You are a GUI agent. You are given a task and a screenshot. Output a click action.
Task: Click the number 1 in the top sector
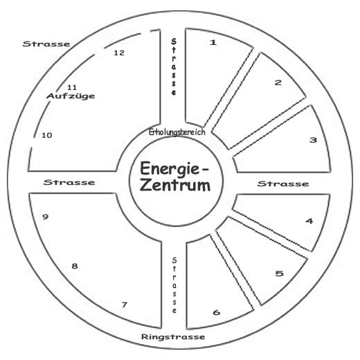click(x=213, y=42)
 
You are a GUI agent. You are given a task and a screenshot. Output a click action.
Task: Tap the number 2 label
click(x=278, y=82)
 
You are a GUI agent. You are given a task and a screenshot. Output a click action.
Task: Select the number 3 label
click(x=313, y=140)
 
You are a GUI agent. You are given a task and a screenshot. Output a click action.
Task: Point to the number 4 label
click(x=309, y=221)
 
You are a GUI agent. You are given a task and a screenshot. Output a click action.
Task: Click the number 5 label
click(x=279, y=273)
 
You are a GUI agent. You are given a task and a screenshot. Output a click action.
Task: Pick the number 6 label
click(x=217, y=312)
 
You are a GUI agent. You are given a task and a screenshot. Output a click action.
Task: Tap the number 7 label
click(x=125, y=305)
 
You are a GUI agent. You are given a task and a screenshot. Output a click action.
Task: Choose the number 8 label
click(x=75, y=266)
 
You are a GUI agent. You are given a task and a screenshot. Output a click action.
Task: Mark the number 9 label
click(x=45, y=217)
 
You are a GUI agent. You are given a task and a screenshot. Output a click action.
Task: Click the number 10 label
click(x=47, y=135)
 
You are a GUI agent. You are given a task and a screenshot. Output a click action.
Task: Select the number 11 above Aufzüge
click(x=72, y=87)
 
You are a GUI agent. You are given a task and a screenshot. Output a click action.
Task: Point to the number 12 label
click(x=119, y=53)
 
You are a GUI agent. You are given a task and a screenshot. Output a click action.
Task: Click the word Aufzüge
click(x=71, y=96)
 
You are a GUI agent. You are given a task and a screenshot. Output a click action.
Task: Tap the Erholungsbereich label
click(x=177, y=132)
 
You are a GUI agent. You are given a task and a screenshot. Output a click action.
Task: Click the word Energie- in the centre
click(x=174, y=168)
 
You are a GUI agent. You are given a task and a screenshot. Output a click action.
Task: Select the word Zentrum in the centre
click(x=175, y=186)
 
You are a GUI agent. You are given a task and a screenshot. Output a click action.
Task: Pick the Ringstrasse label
click(x=173, y=336)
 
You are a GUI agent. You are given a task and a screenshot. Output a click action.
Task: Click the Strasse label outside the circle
click(x=46, y=44)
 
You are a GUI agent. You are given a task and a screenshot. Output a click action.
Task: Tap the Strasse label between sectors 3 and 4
click(x=283, y=183)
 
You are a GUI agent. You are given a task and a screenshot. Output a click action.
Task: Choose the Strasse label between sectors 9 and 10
click(x=69, y=182)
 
